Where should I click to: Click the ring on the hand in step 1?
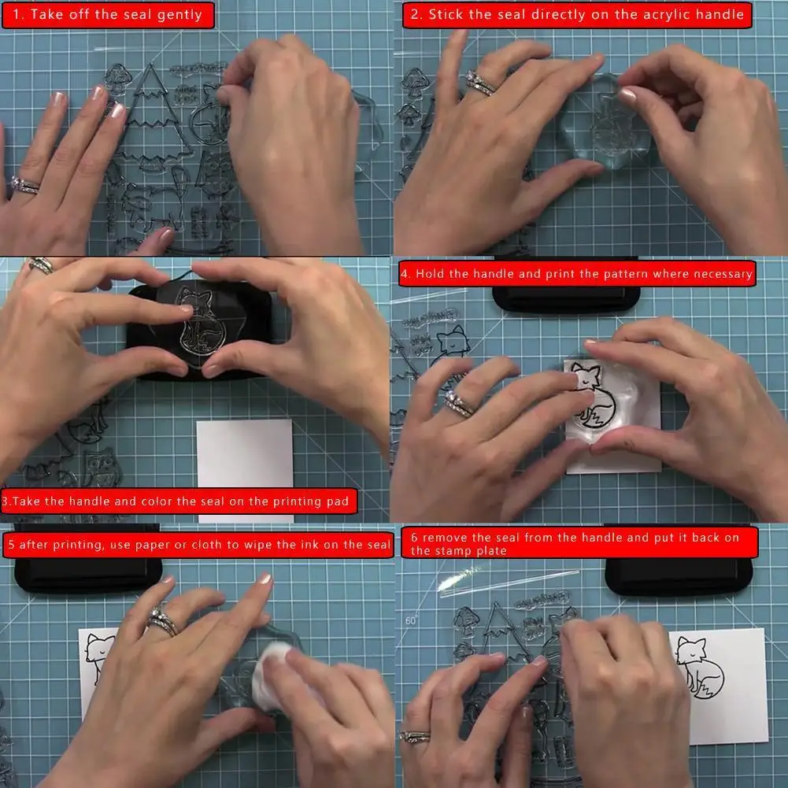[x=24, y=186]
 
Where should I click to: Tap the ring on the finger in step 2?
[x=479, y=82]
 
